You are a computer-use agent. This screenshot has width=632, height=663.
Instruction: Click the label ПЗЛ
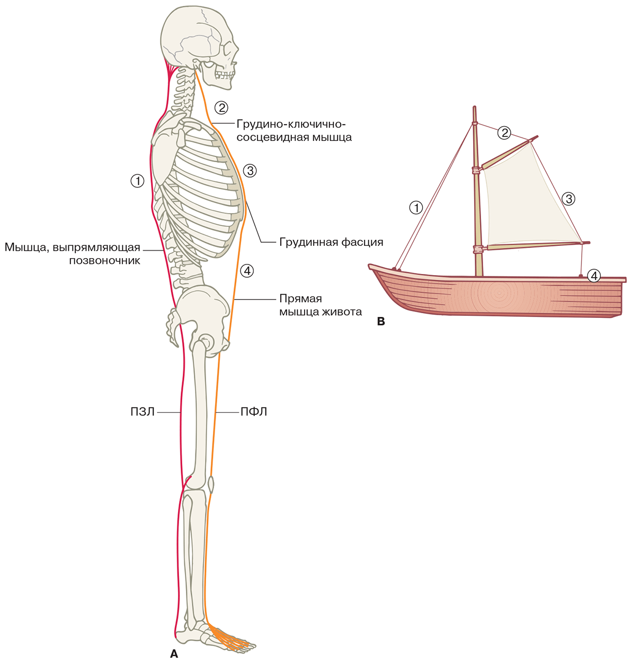[143, 412]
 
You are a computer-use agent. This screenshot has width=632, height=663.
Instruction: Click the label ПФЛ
[254, 412]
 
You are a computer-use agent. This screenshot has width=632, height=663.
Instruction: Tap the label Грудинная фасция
[331, 242]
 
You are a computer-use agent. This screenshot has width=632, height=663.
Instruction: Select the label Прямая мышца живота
[321, 305]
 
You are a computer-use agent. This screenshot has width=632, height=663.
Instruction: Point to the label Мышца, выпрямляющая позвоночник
[73, 254]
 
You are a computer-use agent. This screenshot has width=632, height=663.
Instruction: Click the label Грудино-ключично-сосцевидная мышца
[294, 130]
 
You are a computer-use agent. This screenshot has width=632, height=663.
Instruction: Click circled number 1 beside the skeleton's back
[137, 181]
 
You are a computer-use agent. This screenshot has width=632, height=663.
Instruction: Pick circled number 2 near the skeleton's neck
[221, 108]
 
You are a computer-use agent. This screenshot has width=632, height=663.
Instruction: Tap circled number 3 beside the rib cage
[250, 171]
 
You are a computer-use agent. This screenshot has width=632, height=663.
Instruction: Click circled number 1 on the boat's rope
[416, 207]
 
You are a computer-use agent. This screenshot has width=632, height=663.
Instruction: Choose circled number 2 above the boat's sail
[504, 132]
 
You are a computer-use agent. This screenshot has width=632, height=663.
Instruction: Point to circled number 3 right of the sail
[569, 199]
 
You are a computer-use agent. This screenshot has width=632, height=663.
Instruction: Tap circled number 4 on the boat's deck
[594, 276]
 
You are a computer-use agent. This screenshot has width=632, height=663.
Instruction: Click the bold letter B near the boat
[380, 322]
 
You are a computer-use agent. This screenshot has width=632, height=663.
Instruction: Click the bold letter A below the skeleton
[174, 654]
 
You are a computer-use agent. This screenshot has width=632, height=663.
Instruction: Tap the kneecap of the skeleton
[211, 484]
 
